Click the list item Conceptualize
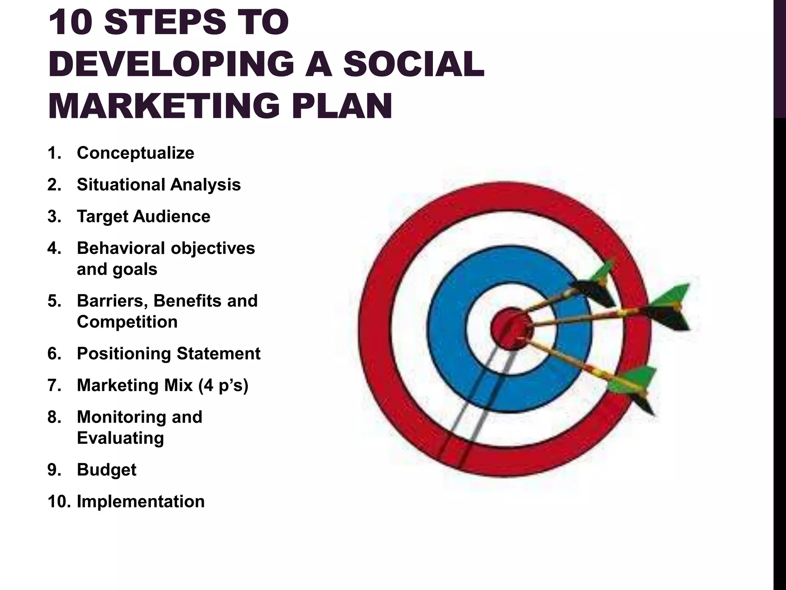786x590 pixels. [135, 153]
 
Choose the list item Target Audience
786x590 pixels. [143, 216]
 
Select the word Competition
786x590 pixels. [127, 322]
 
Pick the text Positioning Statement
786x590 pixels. [168, 353]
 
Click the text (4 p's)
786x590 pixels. [223, 385]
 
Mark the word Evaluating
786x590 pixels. [120, 438]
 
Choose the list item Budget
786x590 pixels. [106, 470]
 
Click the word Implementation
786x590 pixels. [140, 502]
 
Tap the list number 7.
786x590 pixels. [54, 385]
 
